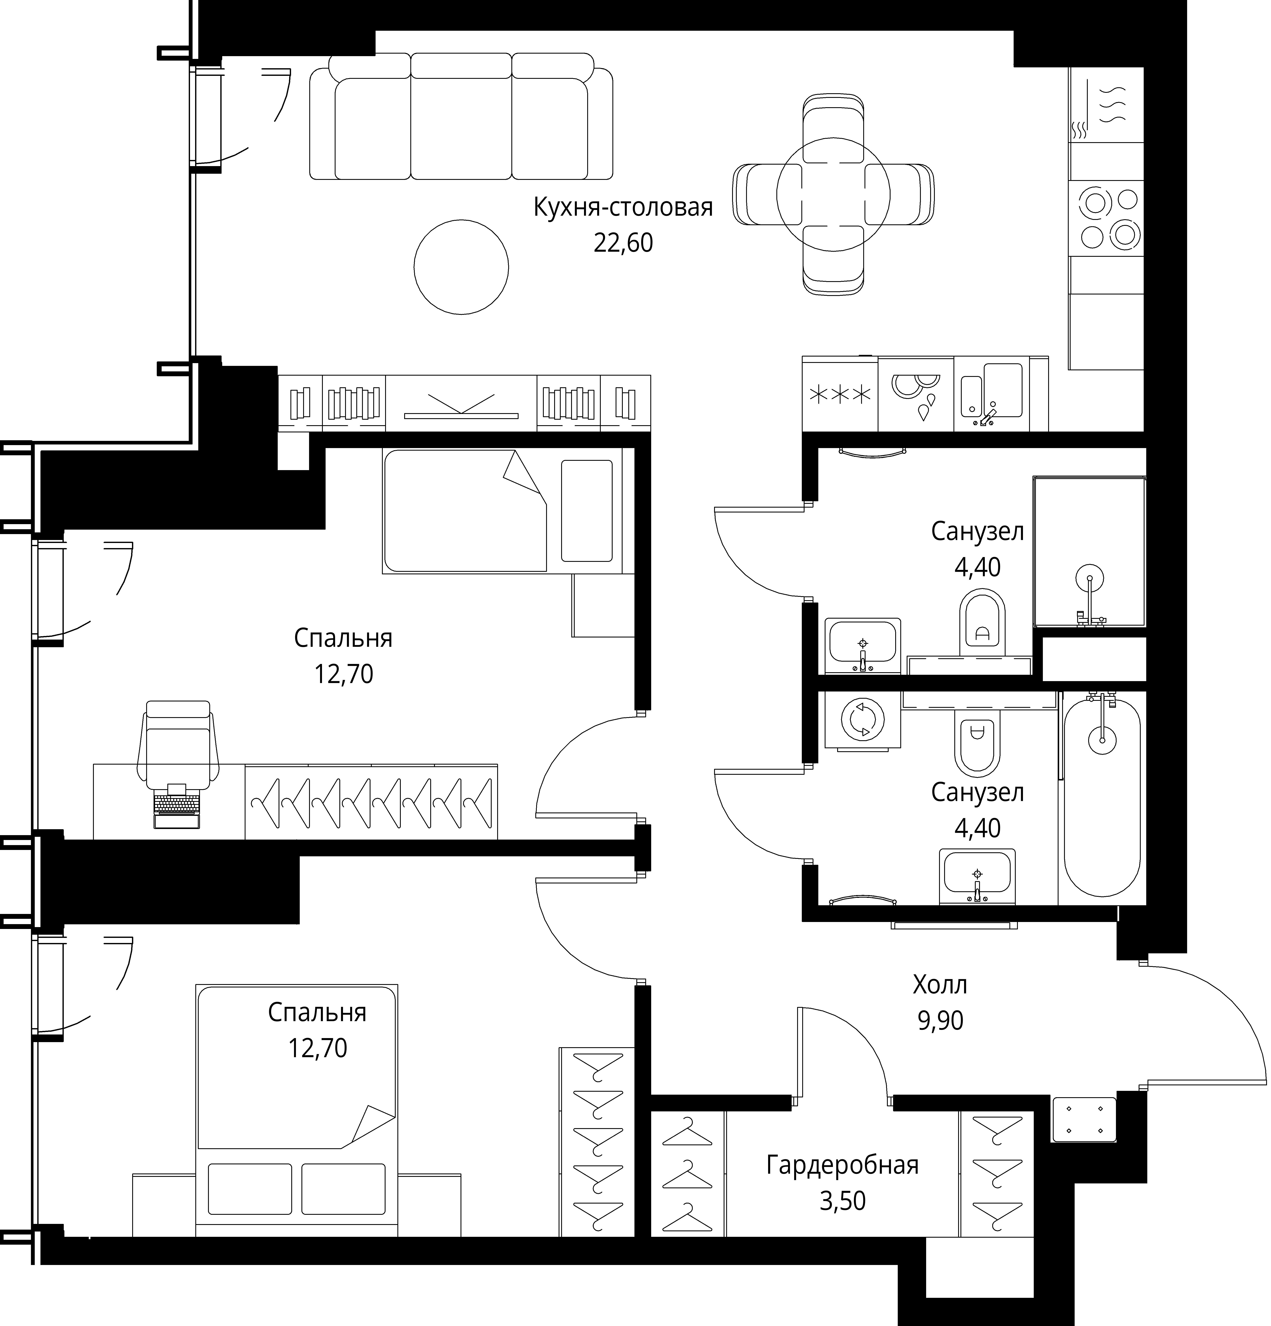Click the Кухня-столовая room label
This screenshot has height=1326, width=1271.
click(x=623, y=207)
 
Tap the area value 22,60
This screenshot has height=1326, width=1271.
click(x=623, y=243)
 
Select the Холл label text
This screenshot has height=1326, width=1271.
click(x=939, y=985)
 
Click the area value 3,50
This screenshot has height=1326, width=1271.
click(x=842, y=1201)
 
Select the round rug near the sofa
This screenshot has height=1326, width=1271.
click(x=461, y=267)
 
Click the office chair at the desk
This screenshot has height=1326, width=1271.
click(x=178, y=744)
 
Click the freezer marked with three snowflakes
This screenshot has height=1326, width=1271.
click(x=840, y=394)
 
